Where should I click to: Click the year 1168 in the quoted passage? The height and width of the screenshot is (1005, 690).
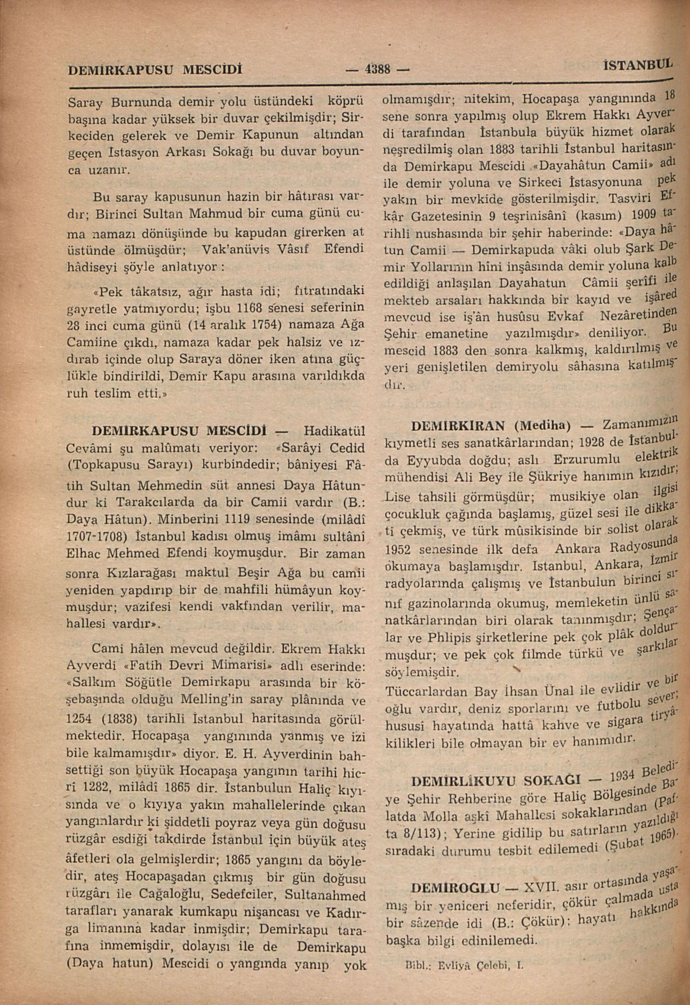(x=251, y=308)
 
